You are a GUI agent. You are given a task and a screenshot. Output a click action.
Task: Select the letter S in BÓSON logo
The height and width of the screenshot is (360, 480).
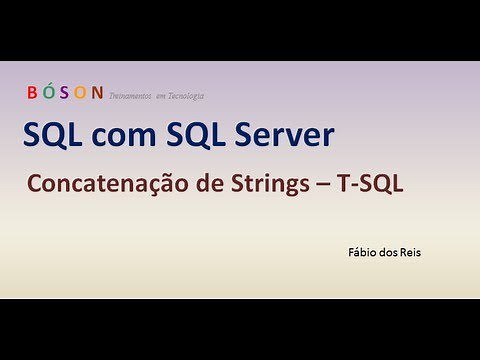pyautogui.click(x=65, y=93)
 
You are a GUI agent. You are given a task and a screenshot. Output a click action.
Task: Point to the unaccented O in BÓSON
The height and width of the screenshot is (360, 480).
pyautogui.click(x=80, y=93)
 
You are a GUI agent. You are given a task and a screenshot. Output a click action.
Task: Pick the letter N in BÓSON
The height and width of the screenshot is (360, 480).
pyautogui.click(x=97, y=93)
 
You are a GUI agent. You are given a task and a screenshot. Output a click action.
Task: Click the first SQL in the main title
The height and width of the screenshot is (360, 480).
pyautogui.click(x=52, y=135)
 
